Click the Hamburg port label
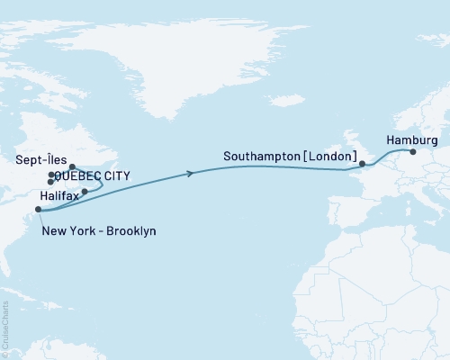click(x=411, y=140)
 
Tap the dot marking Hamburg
click(x=413, y=152)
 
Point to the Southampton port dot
click(x=362, y=165)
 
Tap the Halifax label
click(x=58, y=194)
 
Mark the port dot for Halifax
click(x=85, y=192)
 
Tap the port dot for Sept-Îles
click(x=72, y=166)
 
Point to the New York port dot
click(x=38, y=210)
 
